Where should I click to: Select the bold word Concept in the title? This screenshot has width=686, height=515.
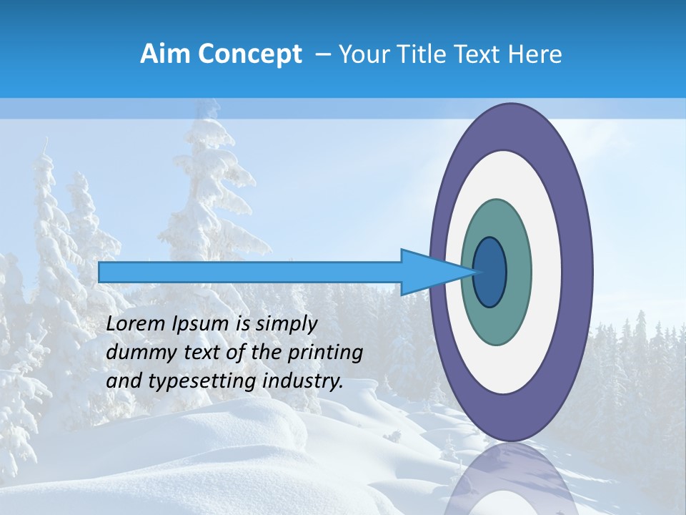[250, 54]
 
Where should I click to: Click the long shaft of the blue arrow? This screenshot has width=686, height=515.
[250, 272]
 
